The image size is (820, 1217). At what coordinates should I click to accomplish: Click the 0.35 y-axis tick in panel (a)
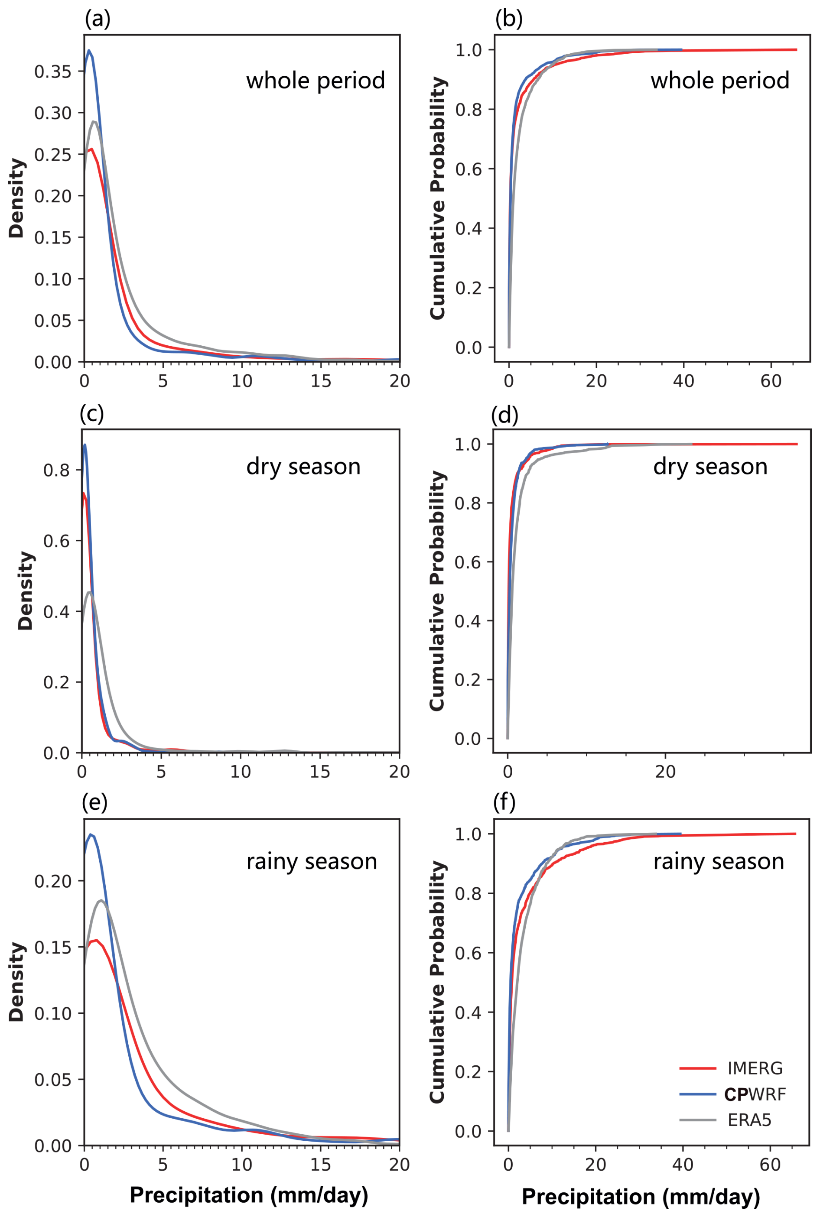tap(53, 71)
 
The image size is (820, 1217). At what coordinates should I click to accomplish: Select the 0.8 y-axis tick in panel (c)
tap(56, 470)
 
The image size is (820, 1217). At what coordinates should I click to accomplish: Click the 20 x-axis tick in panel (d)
tap(665, 772)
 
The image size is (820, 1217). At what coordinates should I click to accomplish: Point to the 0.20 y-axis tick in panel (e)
tap(53, 881)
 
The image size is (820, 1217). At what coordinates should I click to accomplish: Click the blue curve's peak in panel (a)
tap(89, 51)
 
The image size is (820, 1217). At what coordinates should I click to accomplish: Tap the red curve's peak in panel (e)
tap(96, 940)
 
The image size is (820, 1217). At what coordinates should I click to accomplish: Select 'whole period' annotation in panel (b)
tap(719, 81)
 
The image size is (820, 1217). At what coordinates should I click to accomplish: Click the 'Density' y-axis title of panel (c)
tap(25, 591)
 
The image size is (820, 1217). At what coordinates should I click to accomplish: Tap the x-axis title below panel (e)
tap(249, 1195)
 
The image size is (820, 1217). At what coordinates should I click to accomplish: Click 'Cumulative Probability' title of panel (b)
tap(437, 198)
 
